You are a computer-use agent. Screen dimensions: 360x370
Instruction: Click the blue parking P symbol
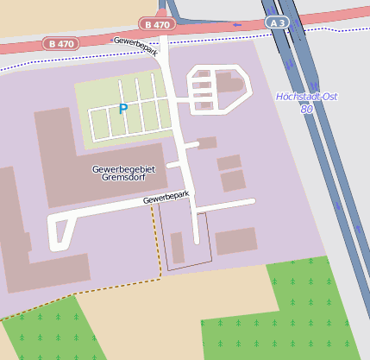122,109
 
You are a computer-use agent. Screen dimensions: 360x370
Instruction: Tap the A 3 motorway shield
276,22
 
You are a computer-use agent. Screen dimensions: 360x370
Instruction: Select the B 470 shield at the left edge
61,41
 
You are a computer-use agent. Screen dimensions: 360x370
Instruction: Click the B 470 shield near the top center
157,25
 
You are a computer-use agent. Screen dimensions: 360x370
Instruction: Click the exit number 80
306,110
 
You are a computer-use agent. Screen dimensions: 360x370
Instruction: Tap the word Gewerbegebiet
123,169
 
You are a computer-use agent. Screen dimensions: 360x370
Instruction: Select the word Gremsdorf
122,179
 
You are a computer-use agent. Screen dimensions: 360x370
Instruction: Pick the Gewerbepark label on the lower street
165,198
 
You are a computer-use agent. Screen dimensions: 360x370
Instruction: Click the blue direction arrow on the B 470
237,25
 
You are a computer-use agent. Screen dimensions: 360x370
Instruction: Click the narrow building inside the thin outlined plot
178,248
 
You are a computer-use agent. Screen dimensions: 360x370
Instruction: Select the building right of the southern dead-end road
235,241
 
